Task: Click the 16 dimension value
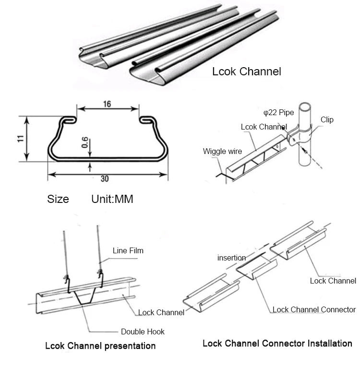click(107, 104)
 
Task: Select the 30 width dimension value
click(105, 179)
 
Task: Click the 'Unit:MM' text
click(112, 199)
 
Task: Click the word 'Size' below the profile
click(58, 199)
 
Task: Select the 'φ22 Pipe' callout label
click(278, 113)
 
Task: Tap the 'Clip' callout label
click(327, 120)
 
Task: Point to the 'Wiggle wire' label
click(222, 151)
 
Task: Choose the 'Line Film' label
click(128, 250)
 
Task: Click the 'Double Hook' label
click(143, 331)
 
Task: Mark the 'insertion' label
click(231, 258)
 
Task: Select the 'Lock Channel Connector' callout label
click(314, 309)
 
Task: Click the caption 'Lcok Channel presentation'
click(100, 345)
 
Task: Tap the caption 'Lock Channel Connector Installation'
click(277, 343)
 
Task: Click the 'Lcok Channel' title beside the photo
click(246, 72)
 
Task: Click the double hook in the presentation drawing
click(84, 295)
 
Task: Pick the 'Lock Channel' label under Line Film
click(161, 312)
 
